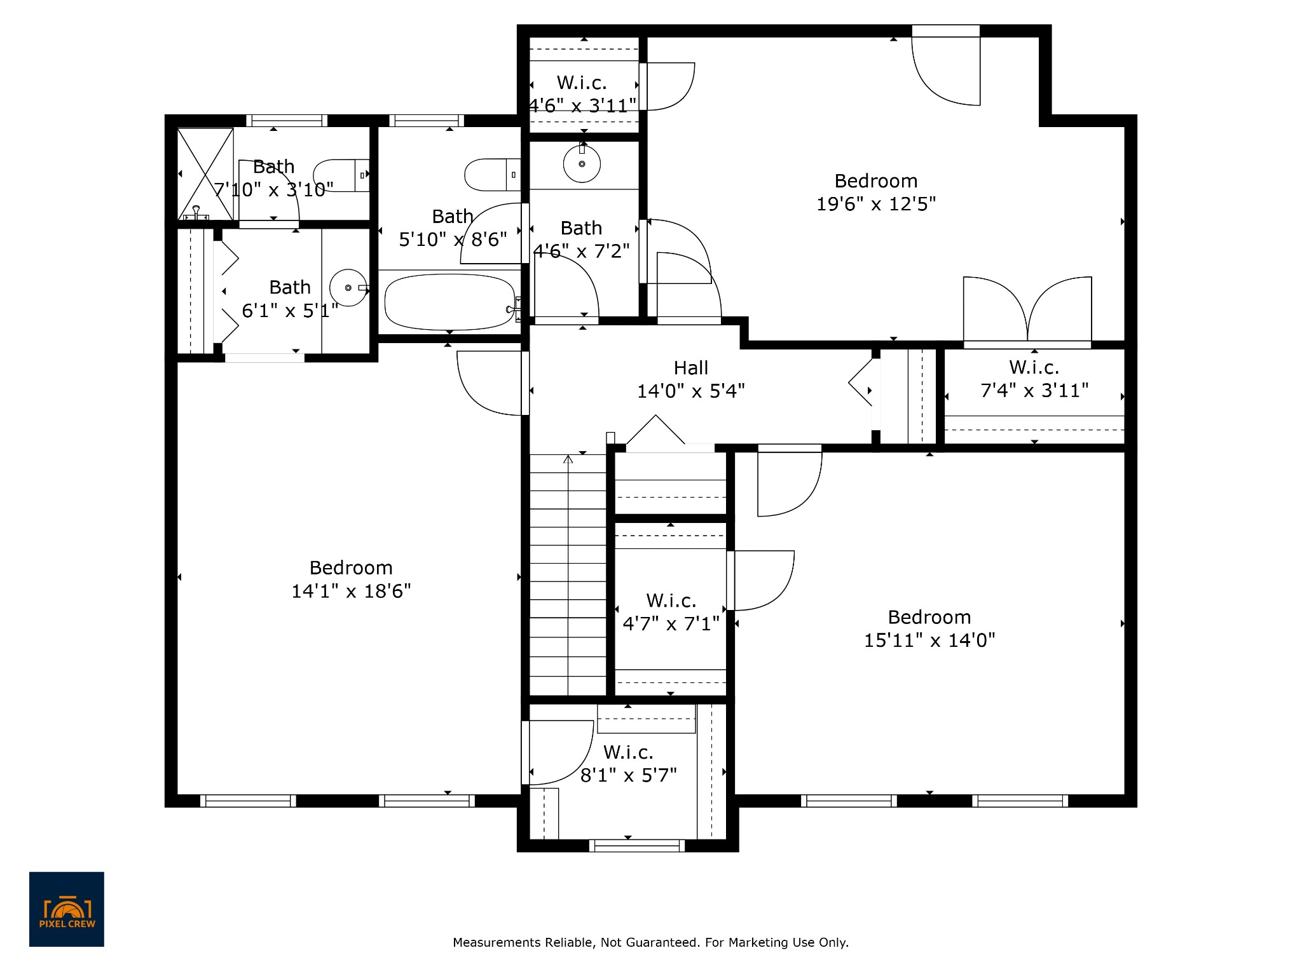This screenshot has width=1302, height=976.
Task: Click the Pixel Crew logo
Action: (x=67, y=909)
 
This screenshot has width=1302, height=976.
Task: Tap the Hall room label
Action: (x=691, y=368)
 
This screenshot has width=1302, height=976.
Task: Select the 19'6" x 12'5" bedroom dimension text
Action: (x=876, y=204)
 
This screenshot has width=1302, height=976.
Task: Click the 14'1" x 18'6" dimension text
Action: (x=351, y=592)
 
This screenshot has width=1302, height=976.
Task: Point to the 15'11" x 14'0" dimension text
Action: (x=929, y=640)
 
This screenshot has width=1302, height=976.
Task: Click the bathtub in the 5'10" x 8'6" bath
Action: (x=450, y=302)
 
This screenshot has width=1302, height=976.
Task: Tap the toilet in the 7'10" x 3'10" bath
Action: (x=341, y=175)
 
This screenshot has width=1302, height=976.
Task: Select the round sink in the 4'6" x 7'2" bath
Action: (x=582, y=163)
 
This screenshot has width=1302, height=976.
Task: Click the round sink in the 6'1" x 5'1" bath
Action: (x=348, y=288)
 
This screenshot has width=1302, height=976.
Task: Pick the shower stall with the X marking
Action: (x=205, y=174)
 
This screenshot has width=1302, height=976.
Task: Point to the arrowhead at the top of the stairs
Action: (x=568, y=458)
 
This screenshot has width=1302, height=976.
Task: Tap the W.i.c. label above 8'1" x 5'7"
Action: (x=628, y=752)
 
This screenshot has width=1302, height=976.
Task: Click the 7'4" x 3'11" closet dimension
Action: (x=1034, y=390)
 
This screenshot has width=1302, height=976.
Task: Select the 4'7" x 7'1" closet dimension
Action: (x=671, y=623)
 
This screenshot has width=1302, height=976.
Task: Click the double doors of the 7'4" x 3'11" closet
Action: (x=1028, y=310)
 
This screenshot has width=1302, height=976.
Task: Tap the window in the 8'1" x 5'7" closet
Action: (x=637, y=846)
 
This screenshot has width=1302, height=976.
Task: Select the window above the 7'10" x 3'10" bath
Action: (x=287, y=121)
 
